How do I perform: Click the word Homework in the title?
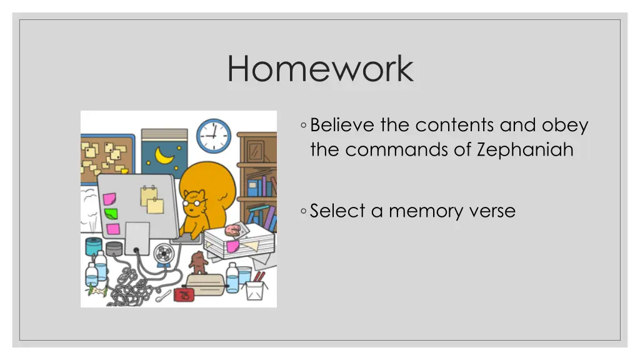point(320,69)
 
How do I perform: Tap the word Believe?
point(342,125)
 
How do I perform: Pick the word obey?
point(565,126)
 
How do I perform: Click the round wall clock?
point(214,136)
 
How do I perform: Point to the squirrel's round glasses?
point(192,202)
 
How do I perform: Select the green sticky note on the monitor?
point(111,213)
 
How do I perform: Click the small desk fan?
point(164,253)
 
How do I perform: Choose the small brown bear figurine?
point(199,262)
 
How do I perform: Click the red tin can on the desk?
point(184,294)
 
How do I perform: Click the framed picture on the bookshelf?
point(255,151)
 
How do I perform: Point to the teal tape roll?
point(93,246)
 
